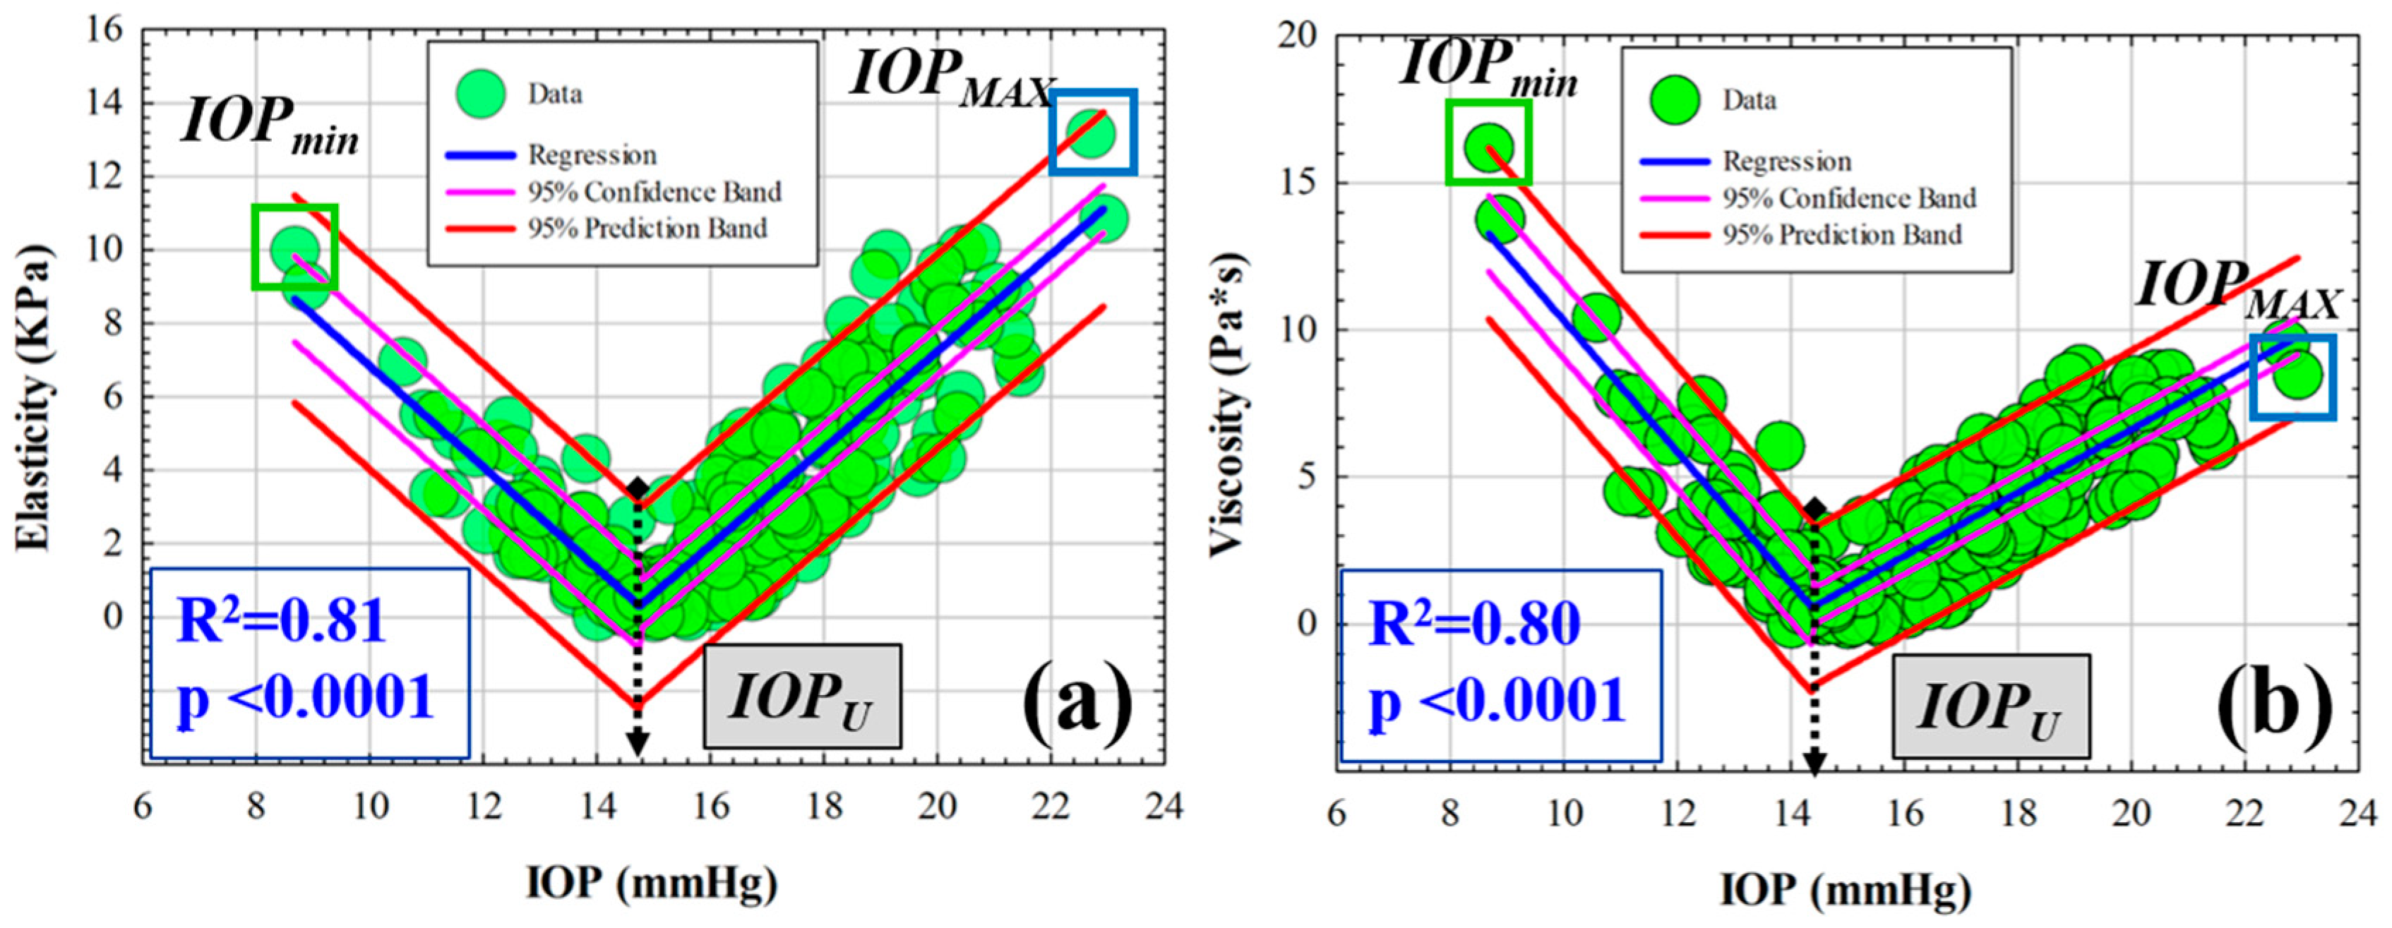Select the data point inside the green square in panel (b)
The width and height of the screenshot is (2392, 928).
point(1488,147)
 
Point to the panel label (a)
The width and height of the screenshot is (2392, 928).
point(1077,705)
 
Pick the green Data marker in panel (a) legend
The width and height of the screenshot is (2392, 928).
point(480,93)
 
